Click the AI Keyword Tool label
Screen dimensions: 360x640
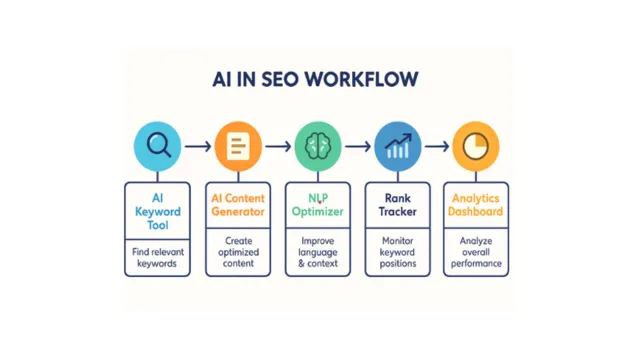(156, 212)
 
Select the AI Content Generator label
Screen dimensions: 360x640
(237, 205)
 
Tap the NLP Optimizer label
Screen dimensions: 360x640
(318, 205)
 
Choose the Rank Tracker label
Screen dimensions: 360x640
(397, 205)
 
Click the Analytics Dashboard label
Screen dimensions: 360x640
(475, 205)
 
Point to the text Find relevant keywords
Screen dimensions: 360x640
(156, 258)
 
